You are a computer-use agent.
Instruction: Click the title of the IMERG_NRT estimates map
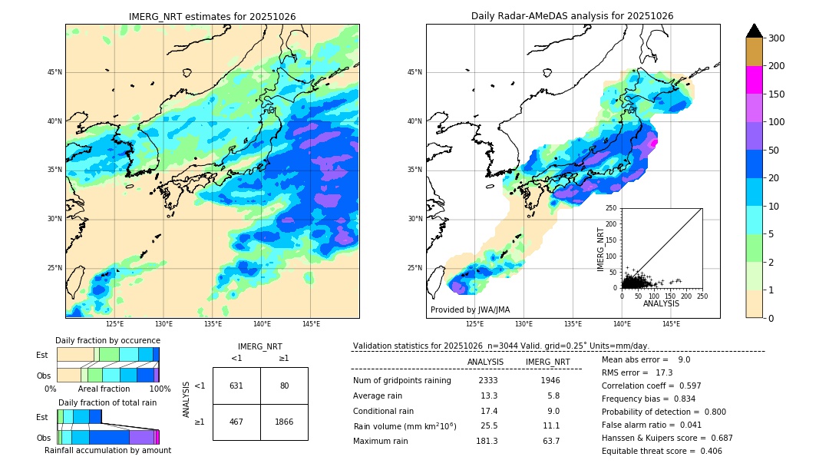click(212, 16)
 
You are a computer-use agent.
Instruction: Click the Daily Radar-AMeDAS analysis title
click(572, 16)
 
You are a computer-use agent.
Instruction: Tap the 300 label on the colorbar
click(777, 38)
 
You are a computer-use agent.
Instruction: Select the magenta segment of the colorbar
click(755, 80)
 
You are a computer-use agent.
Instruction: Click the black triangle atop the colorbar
click(755, 31)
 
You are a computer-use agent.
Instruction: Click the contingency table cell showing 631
click(236, 386)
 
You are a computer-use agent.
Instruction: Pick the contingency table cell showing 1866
click(284, 422)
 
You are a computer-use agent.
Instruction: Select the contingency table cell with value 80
click(284, 386)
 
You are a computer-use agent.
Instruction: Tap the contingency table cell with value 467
click(236, 422)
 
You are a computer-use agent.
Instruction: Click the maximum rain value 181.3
click(487, 441)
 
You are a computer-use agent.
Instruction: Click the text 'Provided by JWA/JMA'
click(470, 310)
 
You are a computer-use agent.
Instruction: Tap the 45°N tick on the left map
click(54, 73)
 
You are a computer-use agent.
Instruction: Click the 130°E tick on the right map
click(523, 325)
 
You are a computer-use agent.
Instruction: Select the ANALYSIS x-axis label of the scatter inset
click(662, 303)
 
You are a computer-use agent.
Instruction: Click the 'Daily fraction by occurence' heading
click(107, 340)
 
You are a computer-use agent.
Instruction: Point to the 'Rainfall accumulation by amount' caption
click(107, 450)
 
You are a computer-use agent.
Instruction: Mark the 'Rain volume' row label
click(405, 426)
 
